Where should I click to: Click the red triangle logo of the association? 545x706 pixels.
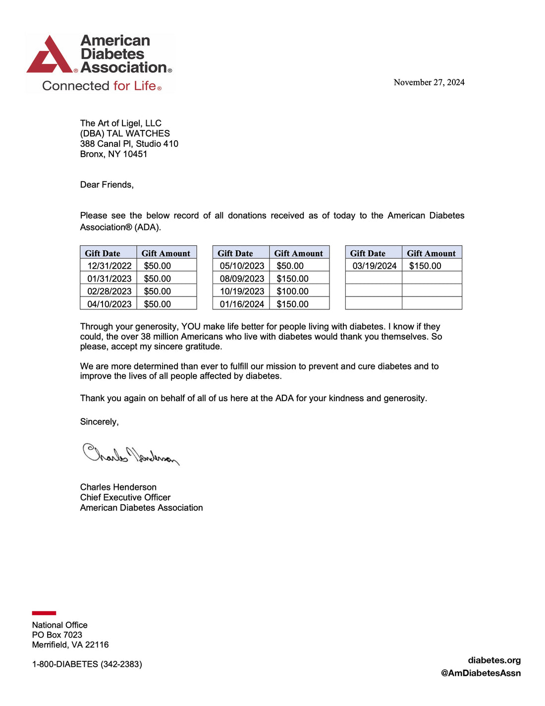click(50, 56)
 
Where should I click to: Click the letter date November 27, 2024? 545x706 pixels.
click(429, 82)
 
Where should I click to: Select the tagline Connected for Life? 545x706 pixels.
click(101, 86)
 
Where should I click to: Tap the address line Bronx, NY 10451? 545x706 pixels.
click(113, 154)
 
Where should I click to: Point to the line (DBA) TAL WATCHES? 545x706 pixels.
click(125, 133)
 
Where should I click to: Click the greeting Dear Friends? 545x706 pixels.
click(107, 184)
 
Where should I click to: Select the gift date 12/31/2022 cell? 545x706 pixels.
click(109, 266)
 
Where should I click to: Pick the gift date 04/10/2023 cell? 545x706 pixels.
click(109, 304)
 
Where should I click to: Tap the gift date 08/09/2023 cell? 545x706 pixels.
click(242, 279)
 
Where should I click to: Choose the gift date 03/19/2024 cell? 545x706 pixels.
click(374, 266)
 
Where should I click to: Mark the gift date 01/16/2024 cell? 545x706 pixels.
click(242, 304)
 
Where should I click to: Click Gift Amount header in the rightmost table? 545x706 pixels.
click(431, 253)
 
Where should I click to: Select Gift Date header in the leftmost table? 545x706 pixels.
click(103, 253)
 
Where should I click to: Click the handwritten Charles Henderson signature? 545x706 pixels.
click(130, 454)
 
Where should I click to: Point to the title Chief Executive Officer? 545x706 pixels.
click(125, 497)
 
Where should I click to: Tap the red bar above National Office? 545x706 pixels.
click(44, 613)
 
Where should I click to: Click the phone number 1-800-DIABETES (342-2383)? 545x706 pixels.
click(87, 664)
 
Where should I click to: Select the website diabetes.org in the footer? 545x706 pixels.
click(494, 660)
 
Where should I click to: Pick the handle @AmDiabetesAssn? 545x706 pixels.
click(481, 673)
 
